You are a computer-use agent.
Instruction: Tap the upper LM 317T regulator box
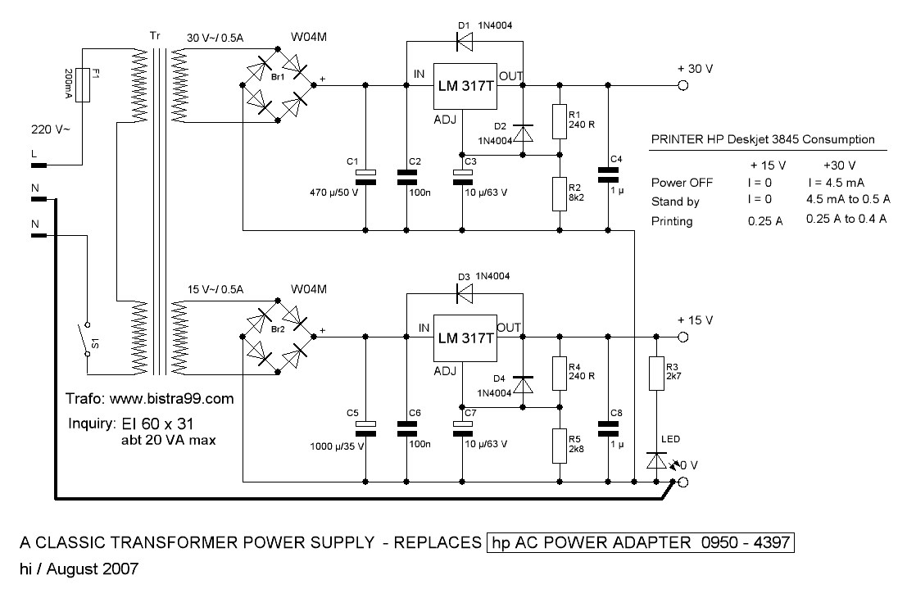465,86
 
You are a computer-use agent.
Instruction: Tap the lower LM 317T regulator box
465,338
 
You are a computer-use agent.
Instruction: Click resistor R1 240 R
560,121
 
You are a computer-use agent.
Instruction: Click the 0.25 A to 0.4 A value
846,220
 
